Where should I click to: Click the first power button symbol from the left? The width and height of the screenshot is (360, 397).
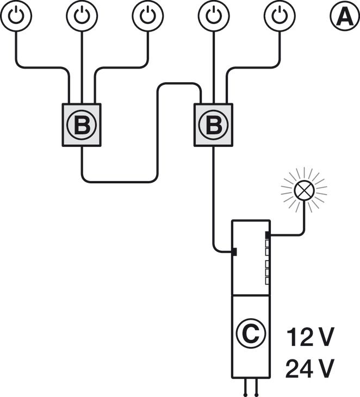click(x=16, y=16)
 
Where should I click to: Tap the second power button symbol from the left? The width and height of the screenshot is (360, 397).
click(x=82, y=16)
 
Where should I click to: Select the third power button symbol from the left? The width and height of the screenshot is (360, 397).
click(x=148, y=16)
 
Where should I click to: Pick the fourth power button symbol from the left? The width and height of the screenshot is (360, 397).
click(x=214, y=16)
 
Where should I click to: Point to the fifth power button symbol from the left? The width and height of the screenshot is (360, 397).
click(x=280, y=16)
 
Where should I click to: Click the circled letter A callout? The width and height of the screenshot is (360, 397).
click(x=344, y=16)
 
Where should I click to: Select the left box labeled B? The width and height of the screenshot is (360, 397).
click(x=82, y=125)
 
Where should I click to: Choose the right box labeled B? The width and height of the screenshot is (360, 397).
click(x=214, y=125)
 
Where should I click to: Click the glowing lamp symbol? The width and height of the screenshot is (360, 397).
click(x=303, y=190)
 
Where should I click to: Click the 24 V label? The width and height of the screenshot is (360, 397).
click(x=309, y=369)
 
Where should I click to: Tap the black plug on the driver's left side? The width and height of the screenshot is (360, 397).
click(x=233, y=252)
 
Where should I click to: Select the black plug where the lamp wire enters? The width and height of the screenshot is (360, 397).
click(x=268, y=235)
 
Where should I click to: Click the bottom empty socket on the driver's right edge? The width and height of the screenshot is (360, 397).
click(x=268, y=281)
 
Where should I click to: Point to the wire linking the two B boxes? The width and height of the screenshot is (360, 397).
click(x=158, y=136)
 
